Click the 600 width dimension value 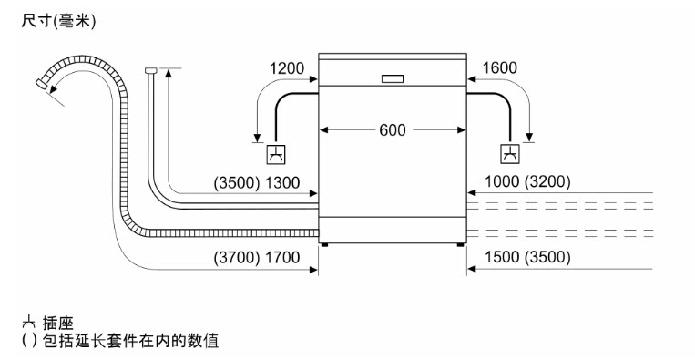pyautogui.click(x=393, y=130)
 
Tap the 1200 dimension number pyautogui.click(x=287, y=68)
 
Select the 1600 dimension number pyautogui.click(x=499, y=67)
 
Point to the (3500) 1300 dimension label pyautogui.click(x=257, y=182)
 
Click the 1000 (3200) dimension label pyautogui.click(x=527, y=181)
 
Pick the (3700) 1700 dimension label pyautogui.click(x=257, y=258)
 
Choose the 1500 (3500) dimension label pyautogui.click(x=527, y=257)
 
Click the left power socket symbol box pyautogui.click(x=276, y=154)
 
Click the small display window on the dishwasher pyautogui.click(x=393, y=79)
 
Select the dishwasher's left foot pyautogui.click(x=325, y=244)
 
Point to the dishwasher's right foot pyautogui.click(x=461, y=244)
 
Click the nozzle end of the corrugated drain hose pyautogui.click(x=41, y=83)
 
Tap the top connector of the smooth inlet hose pyautogui.click(x=150, y=70)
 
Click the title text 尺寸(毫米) pyautogui.click(x=58, y=21)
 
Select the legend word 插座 pyautogui.click(x=58, y=324)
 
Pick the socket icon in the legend pyautogui.click(x=29, y=321)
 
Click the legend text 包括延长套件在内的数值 pyautogui.click(x=131, y=341)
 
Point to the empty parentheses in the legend pyautogui.click(x=29, y=341)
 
